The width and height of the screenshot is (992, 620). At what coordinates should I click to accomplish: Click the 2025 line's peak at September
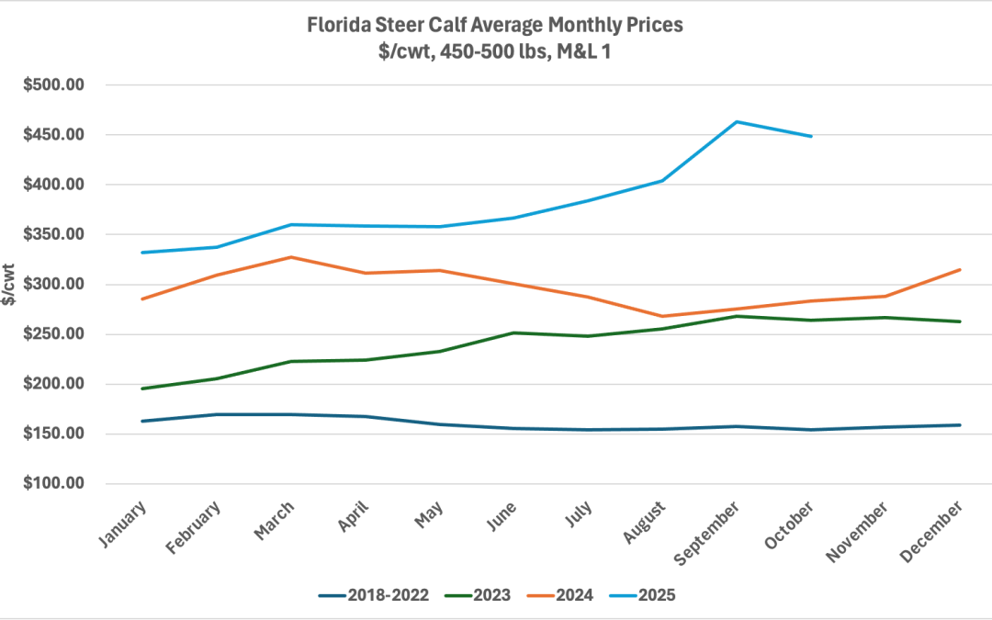tap(737, 121)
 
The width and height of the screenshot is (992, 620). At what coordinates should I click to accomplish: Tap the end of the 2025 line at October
tap(811, 136)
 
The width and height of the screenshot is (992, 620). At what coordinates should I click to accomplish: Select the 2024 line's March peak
tap(291, 257)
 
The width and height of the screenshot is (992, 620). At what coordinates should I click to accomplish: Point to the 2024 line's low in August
tap(662, 316)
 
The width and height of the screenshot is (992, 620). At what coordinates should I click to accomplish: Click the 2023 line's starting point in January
tap(142, 389)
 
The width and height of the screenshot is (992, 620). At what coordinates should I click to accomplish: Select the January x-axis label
tap(128, 524)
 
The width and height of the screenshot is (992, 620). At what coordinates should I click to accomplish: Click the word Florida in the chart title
tap(339, 25)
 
